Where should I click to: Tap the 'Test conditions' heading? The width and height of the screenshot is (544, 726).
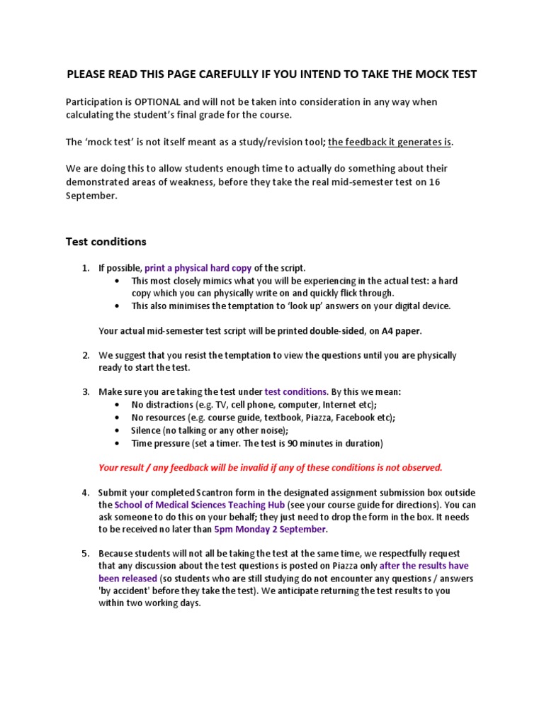106,242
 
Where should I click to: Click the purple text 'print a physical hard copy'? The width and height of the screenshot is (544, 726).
198,268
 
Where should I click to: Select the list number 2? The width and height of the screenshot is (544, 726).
86,355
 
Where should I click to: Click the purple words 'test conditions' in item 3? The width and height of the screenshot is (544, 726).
295,391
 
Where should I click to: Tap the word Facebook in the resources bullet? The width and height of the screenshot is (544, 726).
356,418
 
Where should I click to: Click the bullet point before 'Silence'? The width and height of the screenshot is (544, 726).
116,430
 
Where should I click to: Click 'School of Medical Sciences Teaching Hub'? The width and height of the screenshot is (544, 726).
200,505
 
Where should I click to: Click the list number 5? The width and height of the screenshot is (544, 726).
86,554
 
